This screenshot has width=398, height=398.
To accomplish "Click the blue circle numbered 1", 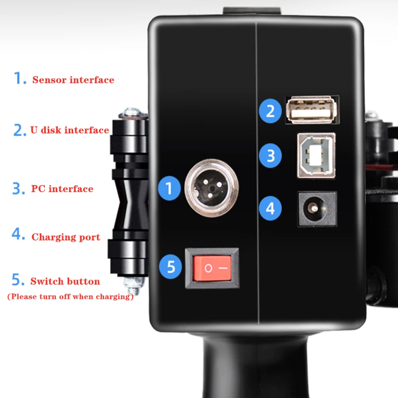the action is [x=169, y=188].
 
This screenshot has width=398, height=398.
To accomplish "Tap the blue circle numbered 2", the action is [x=270, y=111].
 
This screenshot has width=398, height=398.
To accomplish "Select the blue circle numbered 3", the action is [x=270, y=156].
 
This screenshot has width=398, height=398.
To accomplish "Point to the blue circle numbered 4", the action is [x=270, y=208].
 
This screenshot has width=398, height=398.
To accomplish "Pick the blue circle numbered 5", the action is [x=171, y=267].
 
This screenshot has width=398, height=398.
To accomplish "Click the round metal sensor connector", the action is [x=211, y=188].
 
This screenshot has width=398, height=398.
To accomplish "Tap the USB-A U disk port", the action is [x=312, y=109].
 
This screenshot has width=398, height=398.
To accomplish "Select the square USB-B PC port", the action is [x=316, y=155].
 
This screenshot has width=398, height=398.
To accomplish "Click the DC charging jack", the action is [x=317, y=208].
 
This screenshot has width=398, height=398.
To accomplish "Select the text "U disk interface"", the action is [x=70, y=130].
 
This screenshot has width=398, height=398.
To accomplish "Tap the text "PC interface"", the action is [x=62, y=189].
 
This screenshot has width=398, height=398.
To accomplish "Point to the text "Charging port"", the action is [x=66, y=237].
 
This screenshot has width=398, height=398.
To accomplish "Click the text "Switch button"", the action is [x=65, y=281].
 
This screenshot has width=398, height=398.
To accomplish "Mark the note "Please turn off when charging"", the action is [x=71, y=297].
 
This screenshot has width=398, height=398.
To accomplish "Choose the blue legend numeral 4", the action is [x=18, y=233].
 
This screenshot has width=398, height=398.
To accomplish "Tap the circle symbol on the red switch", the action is [x=208, y=268].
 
